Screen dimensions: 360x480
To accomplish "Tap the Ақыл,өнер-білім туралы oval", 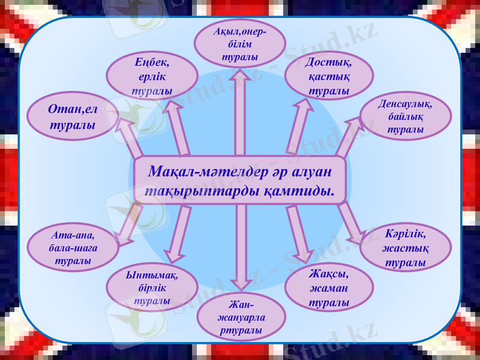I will [239, 44].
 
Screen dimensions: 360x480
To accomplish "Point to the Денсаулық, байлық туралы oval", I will [406, 116].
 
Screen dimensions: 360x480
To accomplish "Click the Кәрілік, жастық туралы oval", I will [406, 247].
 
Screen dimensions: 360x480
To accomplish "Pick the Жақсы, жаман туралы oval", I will [329, 287].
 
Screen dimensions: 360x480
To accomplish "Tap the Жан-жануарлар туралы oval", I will [240, 317].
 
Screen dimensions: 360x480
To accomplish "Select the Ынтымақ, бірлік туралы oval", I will [152, 287].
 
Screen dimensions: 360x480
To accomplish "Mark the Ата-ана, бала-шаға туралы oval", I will [73, 247].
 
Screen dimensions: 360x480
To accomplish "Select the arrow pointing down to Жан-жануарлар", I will [240, 252].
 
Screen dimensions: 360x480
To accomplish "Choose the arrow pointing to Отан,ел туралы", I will [129, 135].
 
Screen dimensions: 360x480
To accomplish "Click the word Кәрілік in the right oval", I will [406, 234].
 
